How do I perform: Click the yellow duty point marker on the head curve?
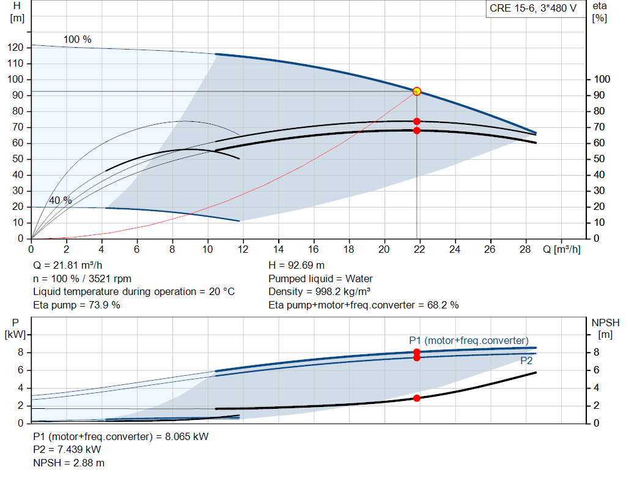click(x=416, y=92)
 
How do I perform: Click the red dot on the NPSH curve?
click(x=416, y=398)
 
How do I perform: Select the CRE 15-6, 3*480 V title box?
click(x=533, y=9)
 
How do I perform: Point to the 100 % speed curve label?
click(x=78, y=40)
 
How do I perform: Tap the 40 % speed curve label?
click(x=61, y=200)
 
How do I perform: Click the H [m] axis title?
click(x=17, y=12)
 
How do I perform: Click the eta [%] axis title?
click(x=599, y=12)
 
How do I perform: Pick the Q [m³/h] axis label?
click(x=561, y=249)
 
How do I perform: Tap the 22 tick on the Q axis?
click(x=419, y=249)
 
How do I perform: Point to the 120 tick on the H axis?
click(x=15, y=48)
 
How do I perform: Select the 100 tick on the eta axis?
click(x=602, y=79)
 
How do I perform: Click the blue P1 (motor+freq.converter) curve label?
click(x=469, y=340)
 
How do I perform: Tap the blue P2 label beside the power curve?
click(x=526, y=361)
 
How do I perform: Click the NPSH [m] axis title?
click(x=605, y=329)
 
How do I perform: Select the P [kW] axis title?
click(x=15, y=329)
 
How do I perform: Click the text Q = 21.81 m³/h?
click(x=67, y=266)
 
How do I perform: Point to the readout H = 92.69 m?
click(x=296, y=266)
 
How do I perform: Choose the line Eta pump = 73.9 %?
click(x=76, y=305)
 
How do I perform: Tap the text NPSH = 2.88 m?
click(x=68, y=463)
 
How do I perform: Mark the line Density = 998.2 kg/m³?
click(x=319, y=292)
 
